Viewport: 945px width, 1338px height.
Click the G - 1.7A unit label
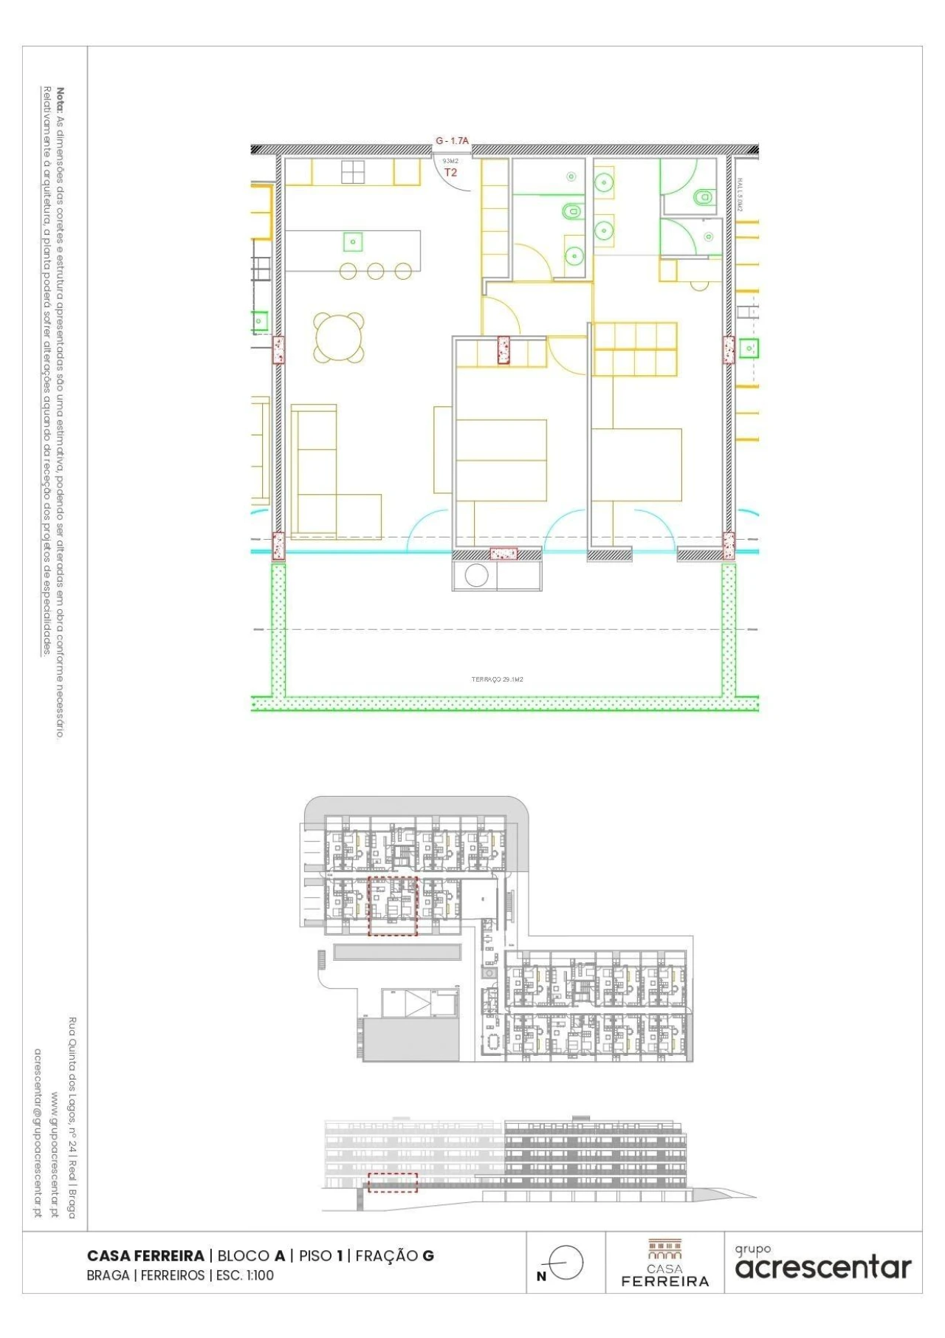[452, 140]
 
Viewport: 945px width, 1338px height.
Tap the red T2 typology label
[450, 172]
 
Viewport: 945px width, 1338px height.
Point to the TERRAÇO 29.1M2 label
[497, 679]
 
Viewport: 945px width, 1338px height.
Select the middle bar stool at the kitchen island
[376, 271]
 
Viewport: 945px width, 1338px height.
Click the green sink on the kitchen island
[353, 241]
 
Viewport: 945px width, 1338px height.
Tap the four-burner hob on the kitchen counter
[353, 172]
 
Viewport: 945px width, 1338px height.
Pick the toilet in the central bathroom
[572, 212]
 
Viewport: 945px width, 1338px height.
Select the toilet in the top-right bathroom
[703, 196]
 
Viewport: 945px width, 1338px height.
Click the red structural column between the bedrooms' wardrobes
[504, 349]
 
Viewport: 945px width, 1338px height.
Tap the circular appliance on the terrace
[476, 575]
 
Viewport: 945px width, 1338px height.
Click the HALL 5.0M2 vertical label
[740, 193]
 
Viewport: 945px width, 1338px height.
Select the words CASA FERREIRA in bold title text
[145, 1255]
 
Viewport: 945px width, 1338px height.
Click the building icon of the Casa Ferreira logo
[664, 1249]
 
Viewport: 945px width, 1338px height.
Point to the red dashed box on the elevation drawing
[393, 1182]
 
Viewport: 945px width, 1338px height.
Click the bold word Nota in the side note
[61, 99]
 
